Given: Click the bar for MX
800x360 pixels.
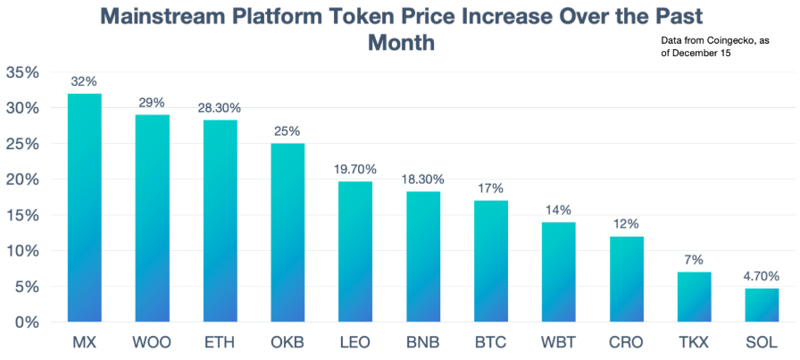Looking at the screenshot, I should [x=84, y=207].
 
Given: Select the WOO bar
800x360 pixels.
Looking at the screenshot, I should [x=152, y=218].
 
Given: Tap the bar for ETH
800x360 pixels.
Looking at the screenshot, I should [x=220, y=221].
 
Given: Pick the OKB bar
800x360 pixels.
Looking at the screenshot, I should [x=287, y=232].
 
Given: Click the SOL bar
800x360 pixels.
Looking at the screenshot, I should [x=762, y=305].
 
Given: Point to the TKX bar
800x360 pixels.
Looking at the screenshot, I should [x=694, y=297].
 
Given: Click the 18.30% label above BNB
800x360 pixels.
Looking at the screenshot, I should [x=423, y=176].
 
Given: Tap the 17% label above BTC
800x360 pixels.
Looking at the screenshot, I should [x=491, y=188].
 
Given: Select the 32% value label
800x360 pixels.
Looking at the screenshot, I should [x=84, y=81].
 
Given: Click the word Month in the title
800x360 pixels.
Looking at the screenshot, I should [x=401, y=43].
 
